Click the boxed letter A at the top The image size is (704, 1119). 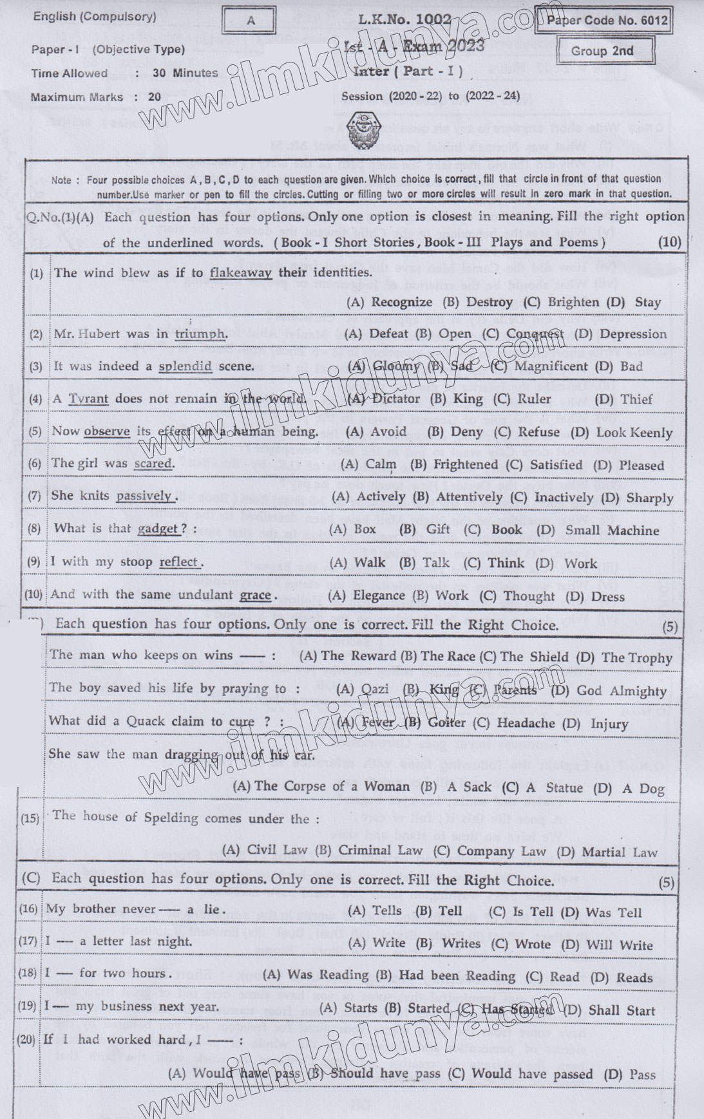click(x=250, y=21)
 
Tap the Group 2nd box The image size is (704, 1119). click(x=602, y=51)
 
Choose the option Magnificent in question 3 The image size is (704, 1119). click(x=542, y=366)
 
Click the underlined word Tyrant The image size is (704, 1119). click(x=88, y=399)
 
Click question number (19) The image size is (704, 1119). click(x=28, y=1007)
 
